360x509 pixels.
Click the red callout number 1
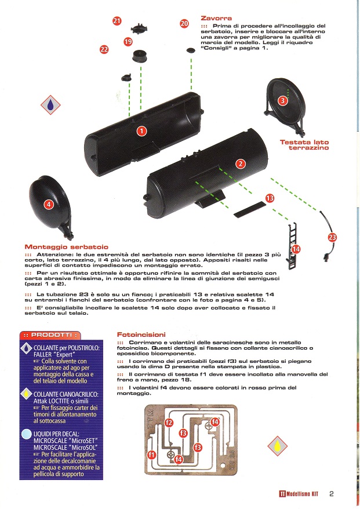point(141,132)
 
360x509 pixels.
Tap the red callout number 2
point(240,164)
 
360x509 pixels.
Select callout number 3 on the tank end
point(282,100)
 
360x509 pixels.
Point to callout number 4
point(49,204)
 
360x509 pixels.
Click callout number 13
point(269,198)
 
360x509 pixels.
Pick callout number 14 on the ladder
point(296,249)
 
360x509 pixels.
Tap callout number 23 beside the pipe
point(332,237)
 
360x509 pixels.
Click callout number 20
point(184,24)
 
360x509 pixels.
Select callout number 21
point(117,21)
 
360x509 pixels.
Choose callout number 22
point(104,50)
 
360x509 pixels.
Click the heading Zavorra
point(216,18)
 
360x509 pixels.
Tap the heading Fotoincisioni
point(141,335)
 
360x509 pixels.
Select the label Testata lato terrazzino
point(304,145)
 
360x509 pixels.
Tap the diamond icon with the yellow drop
point(278,445)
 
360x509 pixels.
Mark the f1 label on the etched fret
point(151,455)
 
